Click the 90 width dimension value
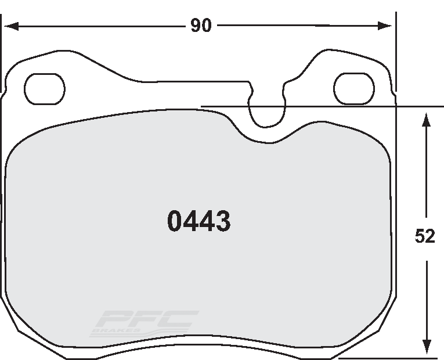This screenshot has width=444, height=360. point(201,26)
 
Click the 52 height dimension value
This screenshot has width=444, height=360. point(425,236)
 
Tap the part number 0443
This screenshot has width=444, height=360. point(199,221)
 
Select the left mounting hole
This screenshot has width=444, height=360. point(45,89)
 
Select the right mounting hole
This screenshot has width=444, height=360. point(354,88)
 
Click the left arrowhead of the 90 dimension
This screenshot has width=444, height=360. point(12,26)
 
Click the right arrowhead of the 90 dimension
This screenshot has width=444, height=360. point(385,26)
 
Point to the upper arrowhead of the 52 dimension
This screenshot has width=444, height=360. point(427,120)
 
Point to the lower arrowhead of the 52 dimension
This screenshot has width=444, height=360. point(427,347)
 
